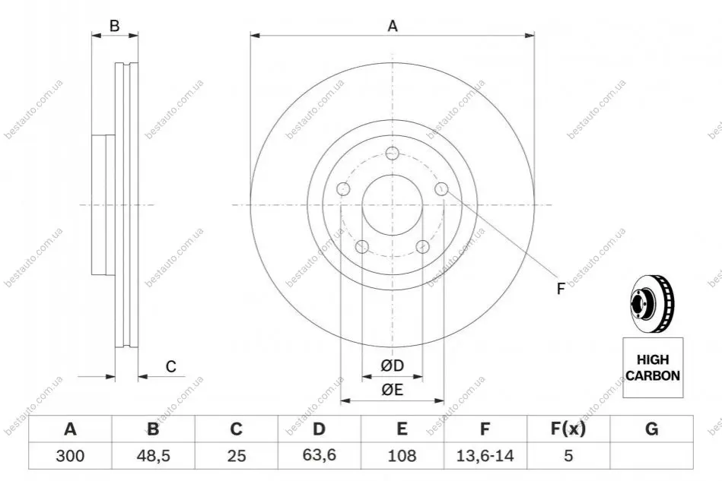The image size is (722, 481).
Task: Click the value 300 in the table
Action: [70, 456]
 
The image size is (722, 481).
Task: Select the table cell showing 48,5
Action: [154, 456]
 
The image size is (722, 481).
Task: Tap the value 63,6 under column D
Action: [319, 455]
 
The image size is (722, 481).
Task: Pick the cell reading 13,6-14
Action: [485, 456]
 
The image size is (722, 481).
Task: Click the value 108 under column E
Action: [402, 456]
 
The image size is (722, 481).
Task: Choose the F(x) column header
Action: [568, 429]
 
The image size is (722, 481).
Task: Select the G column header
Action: [651, 429]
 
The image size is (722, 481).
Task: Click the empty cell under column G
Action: [651, 456]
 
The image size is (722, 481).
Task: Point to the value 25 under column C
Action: [236, 456]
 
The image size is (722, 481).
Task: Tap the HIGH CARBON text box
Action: [653, 368]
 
